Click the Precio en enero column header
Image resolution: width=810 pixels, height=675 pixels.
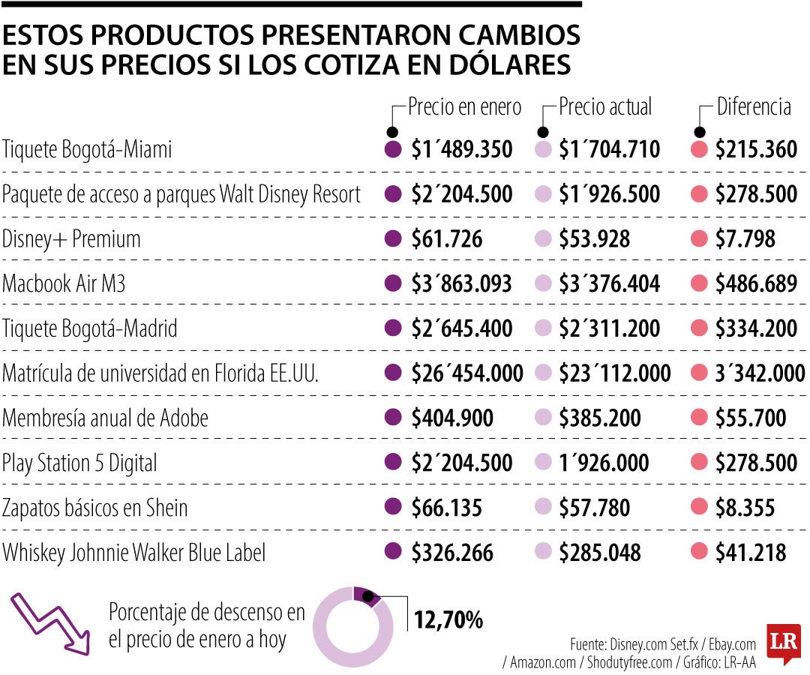pos(464,107)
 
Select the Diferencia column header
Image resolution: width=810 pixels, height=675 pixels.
pos(753,107)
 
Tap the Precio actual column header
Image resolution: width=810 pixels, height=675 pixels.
pos(605,107)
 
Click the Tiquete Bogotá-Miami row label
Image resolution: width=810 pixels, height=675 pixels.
pos(87,149)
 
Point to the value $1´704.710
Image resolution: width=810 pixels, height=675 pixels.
pos(609,149)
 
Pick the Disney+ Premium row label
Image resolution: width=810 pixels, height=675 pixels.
pos(71,239)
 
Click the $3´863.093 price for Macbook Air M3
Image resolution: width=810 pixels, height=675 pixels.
pos(461,284)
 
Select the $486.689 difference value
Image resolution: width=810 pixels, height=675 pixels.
pos(755,284)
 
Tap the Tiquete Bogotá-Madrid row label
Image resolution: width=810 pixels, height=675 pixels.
pos(90,328)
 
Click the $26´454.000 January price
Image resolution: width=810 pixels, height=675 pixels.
pos(467,373)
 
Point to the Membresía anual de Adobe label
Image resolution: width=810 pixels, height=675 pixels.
pos(105,418)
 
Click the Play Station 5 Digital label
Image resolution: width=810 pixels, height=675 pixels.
pos(79,463)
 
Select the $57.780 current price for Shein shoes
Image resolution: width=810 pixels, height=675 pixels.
pos(594,508)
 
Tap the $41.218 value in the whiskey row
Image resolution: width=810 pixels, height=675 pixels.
pos(750,553)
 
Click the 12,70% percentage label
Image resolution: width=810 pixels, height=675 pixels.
pos(447,620)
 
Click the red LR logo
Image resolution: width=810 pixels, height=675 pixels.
pos(783,642)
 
